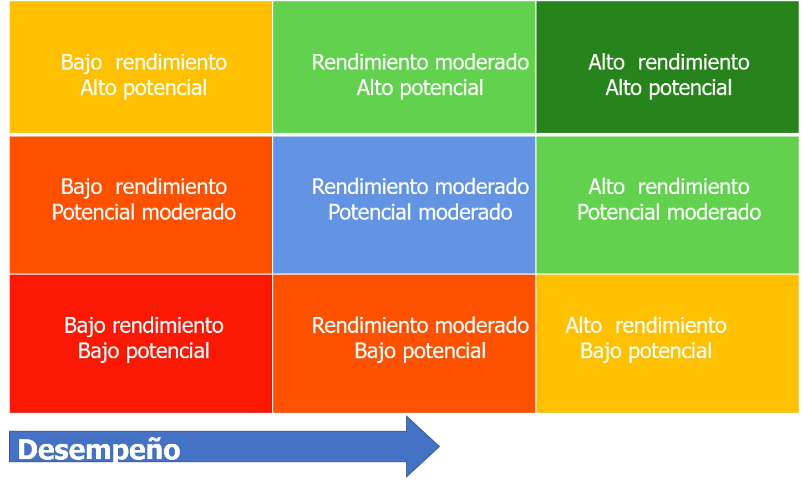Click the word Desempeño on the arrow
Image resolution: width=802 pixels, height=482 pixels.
99,450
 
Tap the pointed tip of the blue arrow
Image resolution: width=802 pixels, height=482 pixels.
439,447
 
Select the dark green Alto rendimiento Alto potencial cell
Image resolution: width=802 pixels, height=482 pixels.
667,67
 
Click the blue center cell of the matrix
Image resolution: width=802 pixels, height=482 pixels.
404,205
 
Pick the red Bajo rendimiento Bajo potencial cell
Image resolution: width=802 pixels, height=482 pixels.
141,344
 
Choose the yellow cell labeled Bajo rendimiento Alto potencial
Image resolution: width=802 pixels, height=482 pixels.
141,67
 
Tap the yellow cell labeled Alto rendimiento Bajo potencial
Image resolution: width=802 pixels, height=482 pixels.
667,344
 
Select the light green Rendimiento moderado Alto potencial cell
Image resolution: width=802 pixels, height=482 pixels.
404,67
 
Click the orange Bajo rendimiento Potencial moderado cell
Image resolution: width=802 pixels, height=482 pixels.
141,205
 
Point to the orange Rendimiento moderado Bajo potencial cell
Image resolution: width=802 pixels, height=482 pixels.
404,344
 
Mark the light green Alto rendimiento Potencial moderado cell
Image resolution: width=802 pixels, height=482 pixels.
667,205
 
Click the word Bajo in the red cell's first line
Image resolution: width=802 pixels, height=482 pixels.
85,327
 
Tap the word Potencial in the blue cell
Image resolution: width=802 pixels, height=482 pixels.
369,212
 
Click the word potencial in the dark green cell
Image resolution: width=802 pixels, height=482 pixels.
691,88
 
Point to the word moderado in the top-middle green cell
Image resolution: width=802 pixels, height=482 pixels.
482,62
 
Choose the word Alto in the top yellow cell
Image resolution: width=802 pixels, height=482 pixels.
99,88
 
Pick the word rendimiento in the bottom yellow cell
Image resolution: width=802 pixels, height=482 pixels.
671,326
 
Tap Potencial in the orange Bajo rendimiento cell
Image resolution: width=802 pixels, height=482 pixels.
93,212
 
